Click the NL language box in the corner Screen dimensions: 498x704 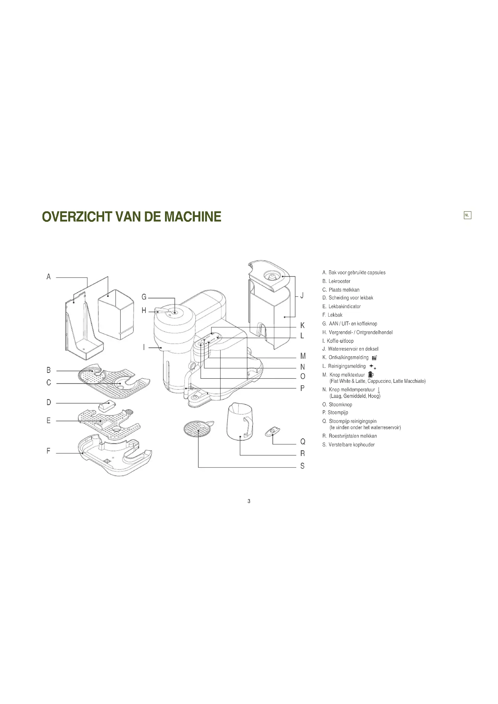467,215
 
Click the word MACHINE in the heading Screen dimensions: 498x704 193,216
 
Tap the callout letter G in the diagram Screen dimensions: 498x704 144,297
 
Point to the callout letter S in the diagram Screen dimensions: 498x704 302,466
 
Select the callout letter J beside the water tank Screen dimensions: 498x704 302,296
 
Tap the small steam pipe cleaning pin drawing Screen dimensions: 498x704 272,431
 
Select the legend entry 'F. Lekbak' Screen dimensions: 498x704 332,315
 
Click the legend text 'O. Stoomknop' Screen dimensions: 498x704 337,405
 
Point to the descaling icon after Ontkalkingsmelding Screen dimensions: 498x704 374,358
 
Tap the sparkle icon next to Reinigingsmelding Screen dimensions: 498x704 372,366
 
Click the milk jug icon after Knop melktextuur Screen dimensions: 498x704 371,374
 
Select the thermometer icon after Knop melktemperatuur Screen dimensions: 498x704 379,390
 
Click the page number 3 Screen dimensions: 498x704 249,501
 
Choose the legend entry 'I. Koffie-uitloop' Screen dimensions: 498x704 338,341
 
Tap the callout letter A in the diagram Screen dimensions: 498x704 48,277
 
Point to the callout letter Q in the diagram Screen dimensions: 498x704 303,442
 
